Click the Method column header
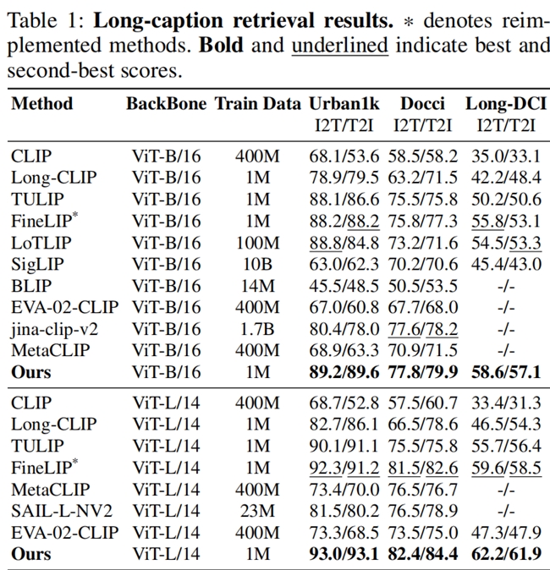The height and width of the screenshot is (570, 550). [41, 104]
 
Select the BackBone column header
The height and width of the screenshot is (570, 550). [166, 104]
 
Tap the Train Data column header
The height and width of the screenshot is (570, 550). [257, 104]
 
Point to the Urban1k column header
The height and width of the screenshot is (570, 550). [344, 104]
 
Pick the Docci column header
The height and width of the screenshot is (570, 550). [422, 104]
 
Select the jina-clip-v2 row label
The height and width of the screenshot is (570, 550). [53, 328]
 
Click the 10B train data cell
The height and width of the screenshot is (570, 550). [257, 264]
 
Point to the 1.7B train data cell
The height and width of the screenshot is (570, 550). [257, 328]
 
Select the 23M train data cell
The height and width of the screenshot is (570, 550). [257, 511]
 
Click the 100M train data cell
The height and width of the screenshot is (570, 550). [257, 242]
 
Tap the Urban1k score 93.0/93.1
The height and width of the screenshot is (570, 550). [344, 555]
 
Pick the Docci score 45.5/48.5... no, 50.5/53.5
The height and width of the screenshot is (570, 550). [422, 285]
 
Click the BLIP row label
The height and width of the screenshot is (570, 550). [30, 285]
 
